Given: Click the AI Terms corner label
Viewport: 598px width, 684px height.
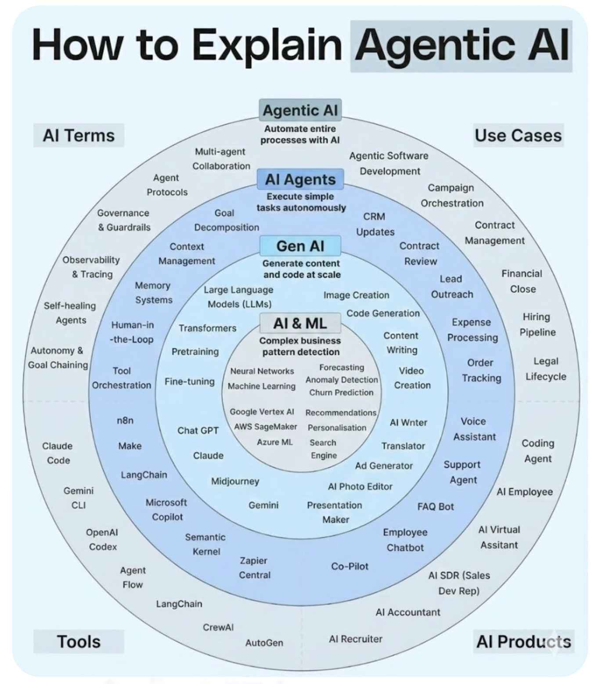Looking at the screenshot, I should (x=79, y=135).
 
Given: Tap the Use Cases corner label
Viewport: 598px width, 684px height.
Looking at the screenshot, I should (x=518, y=135).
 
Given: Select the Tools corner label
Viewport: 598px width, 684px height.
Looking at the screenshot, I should (x=79, y=641).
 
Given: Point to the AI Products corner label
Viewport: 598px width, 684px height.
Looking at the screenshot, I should (x=523, y=641).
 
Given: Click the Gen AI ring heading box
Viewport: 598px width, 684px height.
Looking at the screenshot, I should (x=300, y=246).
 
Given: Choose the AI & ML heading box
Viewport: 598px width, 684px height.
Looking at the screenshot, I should (x=300, y=324).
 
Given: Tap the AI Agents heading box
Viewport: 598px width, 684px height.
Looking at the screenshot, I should (x=300, y=180).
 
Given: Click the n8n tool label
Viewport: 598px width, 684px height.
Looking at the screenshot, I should (x=125, y=420).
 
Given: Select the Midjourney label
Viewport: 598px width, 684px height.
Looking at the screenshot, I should (x=235, y=481).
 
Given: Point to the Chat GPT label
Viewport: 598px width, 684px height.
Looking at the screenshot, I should (x=198, y=430).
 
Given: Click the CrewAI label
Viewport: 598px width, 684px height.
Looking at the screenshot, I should (x=218, y=627).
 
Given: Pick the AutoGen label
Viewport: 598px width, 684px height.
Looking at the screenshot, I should (x=264, y=643).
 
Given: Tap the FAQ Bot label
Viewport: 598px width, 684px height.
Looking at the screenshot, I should (x=436, y=506).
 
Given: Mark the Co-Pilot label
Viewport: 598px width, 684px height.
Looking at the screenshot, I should (x=350, y=566).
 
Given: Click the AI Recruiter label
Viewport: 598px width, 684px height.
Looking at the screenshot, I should (x=356, y=639).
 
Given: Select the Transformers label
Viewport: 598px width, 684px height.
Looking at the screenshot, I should (x=207, y=328).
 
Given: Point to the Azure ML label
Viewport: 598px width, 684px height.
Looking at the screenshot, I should (x=275, y=442).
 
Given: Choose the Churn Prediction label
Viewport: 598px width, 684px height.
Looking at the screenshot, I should (x=341, y=392).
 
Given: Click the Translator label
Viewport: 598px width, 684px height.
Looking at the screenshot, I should (x=403, y=446).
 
